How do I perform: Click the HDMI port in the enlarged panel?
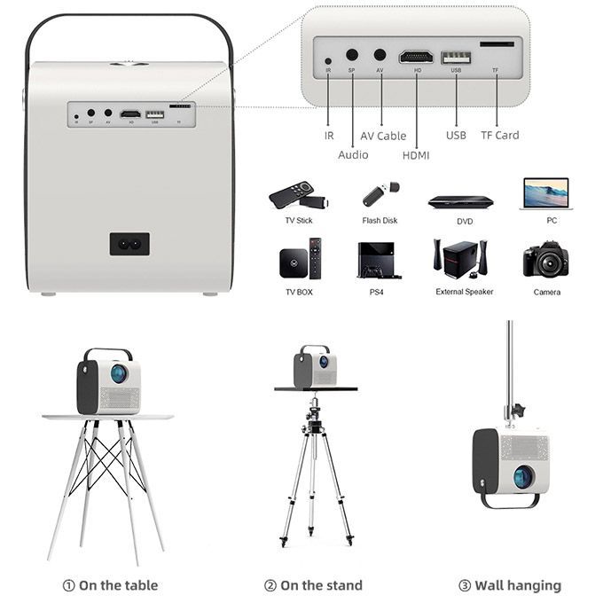click(416, 57)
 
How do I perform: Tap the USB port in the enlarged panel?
click(457, 59)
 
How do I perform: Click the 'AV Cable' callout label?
click(383, 136)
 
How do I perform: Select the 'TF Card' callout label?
click(500, 136)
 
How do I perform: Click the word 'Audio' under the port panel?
click(353, 155)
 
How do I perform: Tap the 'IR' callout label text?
click(329, 136)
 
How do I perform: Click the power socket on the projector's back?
click(129, 244)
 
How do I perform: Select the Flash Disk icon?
click(380, 193)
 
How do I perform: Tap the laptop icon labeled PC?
click(545, 194)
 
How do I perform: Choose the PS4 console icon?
click(378, 260)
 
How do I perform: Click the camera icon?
click(545, 260)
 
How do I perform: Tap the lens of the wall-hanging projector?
click(522, 477)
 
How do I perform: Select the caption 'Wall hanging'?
click(509, 585)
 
